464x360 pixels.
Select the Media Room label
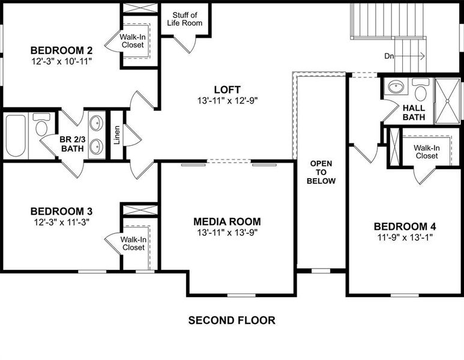tap(227, 221)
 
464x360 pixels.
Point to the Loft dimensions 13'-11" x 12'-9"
tap(227, 100)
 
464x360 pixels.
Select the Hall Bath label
tap(414, 112)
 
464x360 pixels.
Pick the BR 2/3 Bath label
tap(68, 145)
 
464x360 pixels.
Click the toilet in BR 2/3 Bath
tap(41, 127)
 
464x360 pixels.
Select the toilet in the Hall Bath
tap(421, 92)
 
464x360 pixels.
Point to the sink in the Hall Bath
tap(396, 88)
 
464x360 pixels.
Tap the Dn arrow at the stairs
tap(414, 56)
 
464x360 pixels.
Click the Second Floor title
tap(232, 320)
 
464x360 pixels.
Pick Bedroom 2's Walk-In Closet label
tap(133, 40)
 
